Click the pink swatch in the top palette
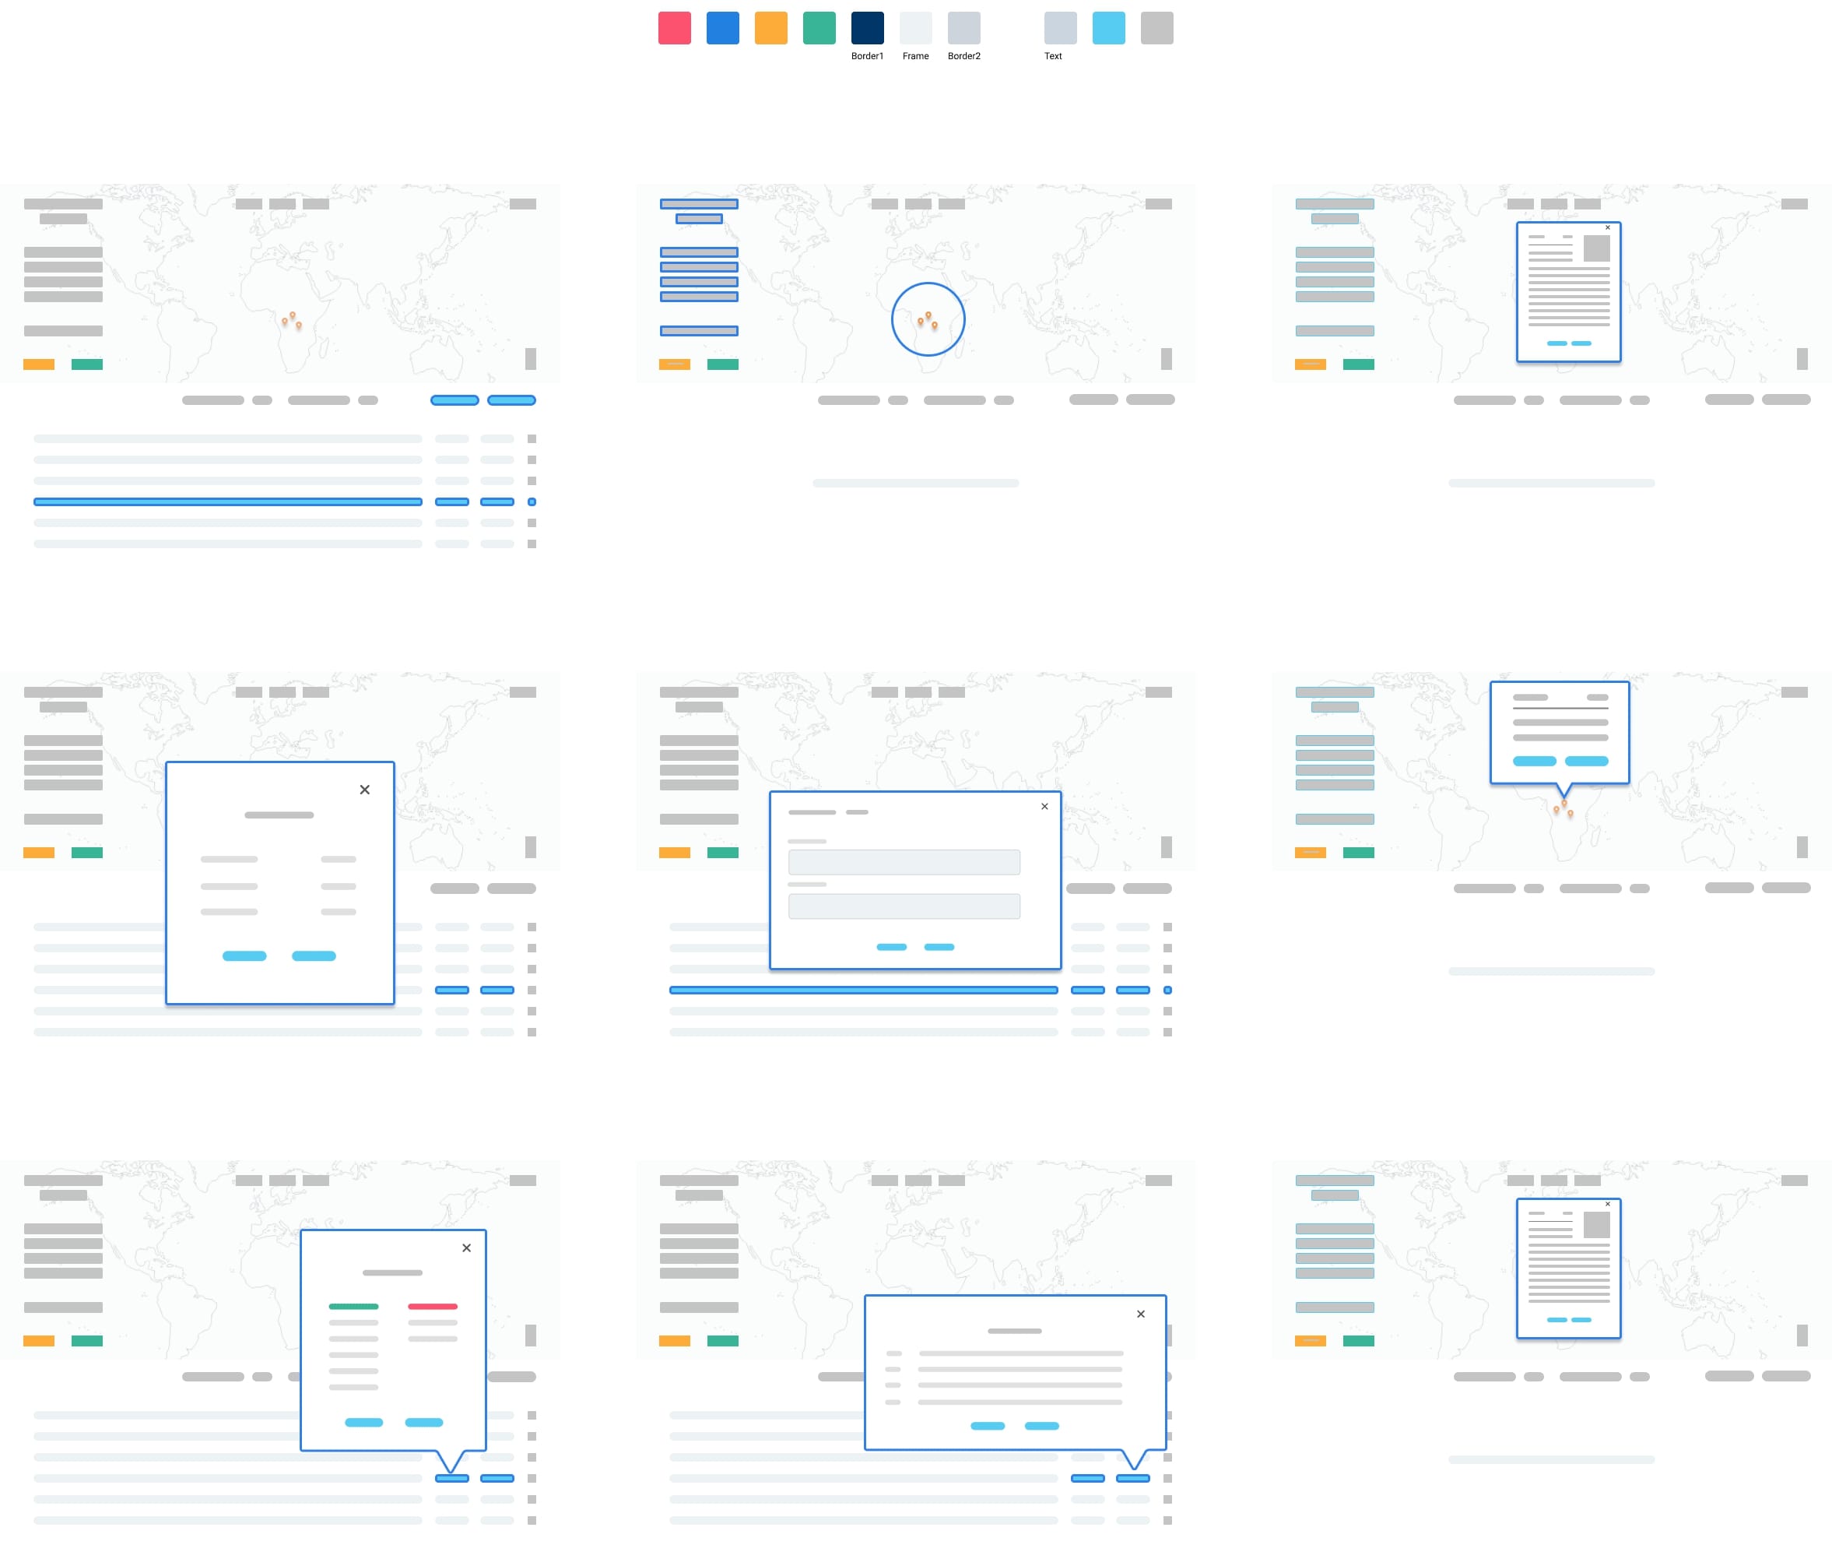click(x=674, y=27)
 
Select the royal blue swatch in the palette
click(x=722, y=27)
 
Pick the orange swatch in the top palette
click(x=770, y=27)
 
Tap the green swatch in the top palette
click(x=819, y=27)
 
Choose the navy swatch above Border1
click(x=866, y=27)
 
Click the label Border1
click(x=866, y=56)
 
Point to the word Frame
click(x=915, y=56)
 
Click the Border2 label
click(x=963, y=56)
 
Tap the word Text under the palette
click(x=1053, y=56)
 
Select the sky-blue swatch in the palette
click(x=1107, y=27)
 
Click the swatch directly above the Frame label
click(x=915, y=27)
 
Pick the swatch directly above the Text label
click(x=1060, y=27)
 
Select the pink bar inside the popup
click(x=432, y=1306)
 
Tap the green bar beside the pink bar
click(x=353, y=1306)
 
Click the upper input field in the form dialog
click(x=904, y=862)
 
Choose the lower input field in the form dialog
click(x=904, y=906)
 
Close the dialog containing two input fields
click(x=1044, y=806)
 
